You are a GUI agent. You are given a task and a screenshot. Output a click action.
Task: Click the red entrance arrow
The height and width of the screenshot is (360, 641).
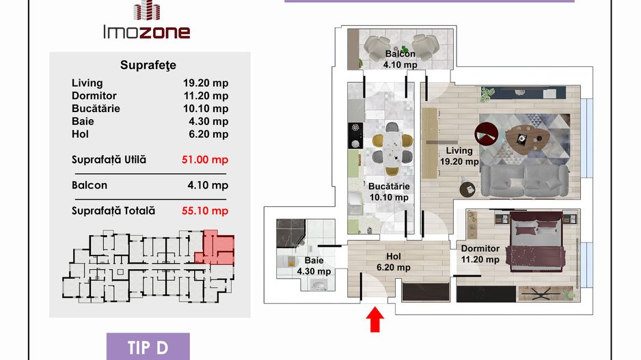point(375,320)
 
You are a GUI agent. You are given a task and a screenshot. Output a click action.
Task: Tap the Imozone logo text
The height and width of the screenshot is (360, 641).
point(147,32)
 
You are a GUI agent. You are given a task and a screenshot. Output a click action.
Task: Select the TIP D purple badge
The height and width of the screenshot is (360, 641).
point(148,347)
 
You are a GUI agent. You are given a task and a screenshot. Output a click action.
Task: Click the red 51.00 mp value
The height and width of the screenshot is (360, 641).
point(205,159)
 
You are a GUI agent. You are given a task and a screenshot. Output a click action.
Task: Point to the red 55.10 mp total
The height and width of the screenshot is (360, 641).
point(205,211)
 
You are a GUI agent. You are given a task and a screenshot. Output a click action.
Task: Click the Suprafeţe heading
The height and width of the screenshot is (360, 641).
point(148,65)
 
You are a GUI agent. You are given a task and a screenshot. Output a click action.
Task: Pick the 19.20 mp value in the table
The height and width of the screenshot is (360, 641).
point(206,83)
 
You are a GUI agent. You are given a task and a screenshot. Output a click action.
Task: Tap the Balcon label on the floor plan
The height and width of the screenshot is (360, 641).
point(400,53)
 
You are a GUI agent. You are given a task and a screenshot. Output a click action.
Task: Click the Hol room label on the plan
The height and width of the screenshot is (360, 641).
point(393,256)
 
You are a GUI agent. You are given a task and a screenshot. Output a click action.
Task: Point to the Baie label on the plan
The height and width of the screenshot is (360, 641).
point(314,260)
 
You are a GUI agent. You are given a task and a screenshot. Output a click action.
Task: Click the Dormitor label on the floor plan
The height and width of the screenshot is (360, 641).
point(480,249)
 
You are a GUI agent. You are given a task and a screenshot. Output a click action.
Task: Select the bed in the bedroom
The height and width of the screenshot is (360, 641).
point(536,240)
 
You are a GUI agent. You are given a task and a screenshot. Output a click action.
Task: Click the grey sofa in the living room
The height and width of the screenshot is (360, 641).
point(525,180)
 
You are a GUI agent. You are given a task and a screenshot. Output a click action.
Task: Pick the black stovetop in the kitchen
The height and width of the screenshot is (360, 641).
point(355,136)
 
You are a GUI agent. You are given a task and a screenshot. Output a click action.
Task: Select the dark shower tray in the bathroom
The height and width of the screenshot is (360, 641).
point(290,233)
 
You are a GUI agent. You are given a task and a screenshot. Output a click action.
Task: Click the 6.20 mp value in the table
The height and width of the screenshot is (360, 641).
point(208,134)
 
